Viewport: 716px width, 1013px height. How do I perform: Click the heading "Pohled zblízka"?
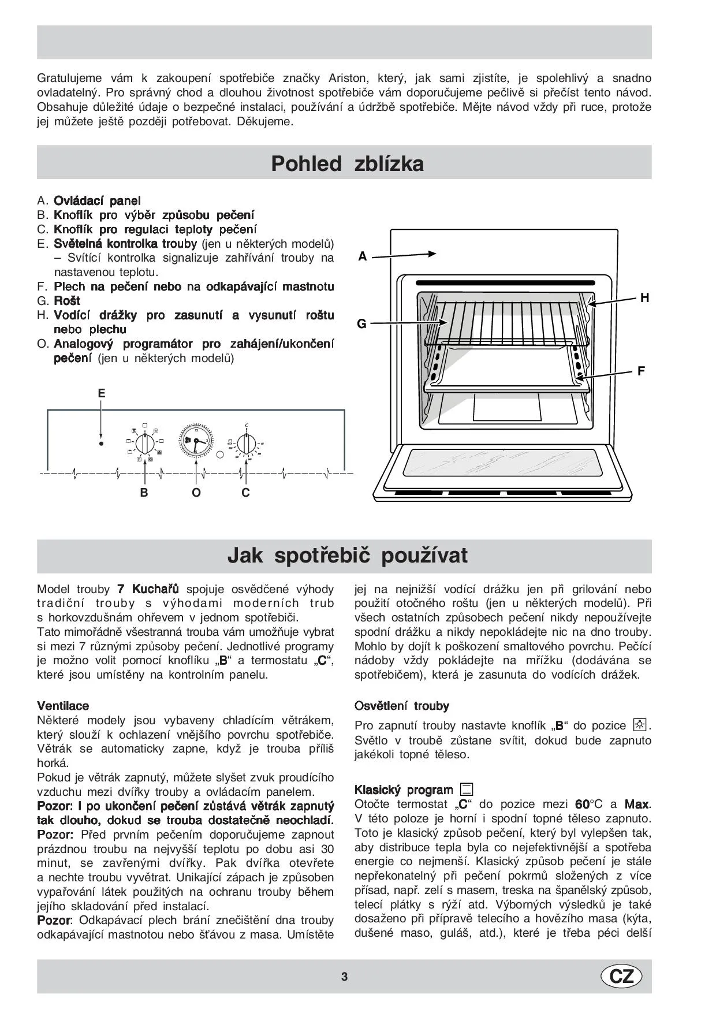(347, 163)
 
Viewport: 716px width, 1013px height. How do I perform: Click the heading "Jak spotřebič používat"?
(347, 555)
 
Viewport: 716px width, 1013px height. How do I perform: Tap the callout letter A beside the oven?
(363, 256)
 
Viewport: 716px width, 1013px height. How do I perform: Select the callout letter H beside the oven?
(644, 298)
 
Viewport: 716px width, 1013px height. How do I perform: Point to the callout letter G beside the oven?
(362, 324)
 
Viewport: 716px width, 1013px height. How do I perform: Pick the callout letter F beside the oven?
(641, 371)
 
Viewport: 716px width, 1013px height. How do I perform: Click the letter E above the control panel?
(102, 393)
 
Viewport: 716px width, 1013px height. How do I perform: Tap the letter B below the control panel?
(144, 493)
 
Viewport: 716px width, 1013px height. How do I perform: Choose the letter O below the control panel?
(196, 493)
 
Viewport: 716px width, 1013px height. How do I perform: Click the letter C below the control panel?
(245, 493)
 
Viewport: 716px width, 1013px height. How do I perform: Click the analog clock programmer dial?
(196, 442)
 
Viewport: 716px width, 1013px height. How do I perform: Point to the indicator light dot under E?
(101, 444)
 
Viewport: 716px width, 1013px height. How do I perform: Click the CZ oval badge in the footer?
(621, 976)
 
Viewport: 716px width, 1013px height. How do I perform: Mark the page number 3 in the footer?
(345, 977)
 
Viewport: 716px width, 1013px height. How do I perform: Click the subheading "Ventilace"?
(63, 706)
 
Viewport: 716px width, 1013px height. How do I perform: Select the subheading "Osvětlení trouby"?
(401, 706)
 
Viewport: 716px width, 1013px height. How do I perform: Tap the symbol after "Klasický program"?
(466, 789)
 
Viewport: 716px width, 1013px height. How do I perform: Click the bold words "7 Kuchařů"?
(148, 589)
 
